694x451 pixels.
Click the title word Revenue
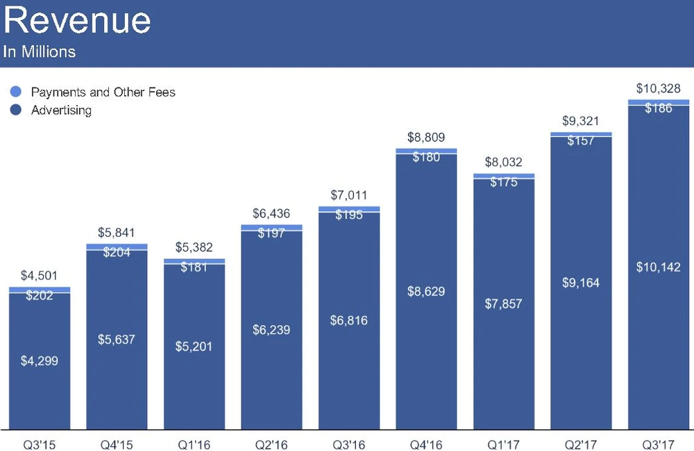tap(77, 21)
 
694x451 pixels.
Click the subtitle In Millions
tap(40, 52)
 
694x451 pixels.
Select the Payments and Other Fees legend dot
tap(17, 92)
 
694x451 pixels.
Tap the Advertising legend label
tap(61, 110)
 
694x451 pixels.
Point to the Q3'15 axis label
tap(40, 442)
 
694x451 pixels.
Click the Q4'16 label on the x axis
tap(426, 442)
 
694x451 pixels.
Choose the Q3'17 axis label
tap(659, 442)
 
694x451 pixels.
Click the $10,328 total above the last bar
tap(659, 89)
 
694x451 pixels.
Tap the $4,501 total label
tap(40, 276)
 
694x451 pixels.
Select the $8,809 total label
tap(426, 137)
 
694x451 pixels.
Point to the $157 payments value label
tap(581, 141)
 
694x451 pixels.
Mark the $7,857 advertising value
tap(504, 304)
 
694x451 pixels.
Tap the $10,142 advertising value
tap(659, 268)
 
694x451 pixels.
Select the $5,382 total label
tap(194, 247)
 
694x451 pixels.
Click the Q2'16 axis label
tap(271, 442)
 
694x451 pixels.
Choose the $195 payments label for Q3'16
tap(349, 215)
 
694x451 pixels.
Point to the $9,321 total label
tap(581, 120)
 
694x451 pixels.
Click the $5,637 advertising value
tap(117, 340)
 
